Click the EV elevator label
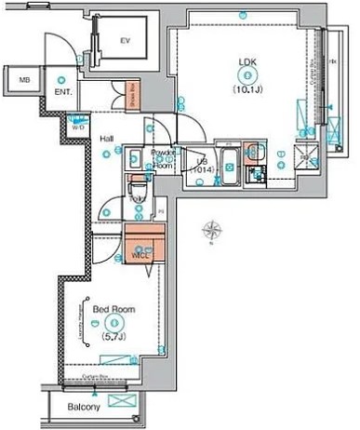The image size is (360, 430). click(125, 40)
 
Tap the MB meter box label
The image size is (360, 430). click(25, 81)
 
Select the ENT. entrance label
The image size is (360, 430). click(63, 93)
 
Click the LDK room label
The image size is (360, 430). click(247, 63)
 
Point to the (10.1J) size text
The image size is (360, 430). click(247, 90)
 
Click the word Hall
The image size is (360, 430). click(107, 139)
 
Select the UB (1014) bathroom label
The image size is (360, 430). click(201, 166)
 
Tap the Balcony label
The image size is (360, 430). click(83, 407)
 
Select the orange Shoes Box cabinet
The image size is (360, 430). click(133, 96)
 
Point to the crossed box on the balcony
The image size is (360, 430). click(122, 401)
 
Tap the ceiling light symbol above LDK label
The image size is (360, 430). click(247, 14)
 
